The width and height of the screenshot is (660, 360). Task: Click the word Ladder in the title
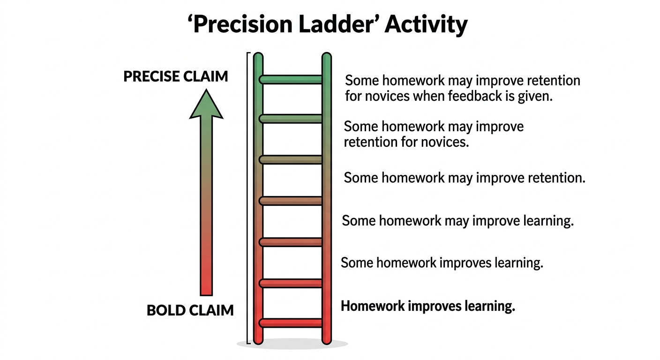336,24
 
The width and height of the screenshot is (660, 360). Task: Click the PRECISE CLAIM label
176,76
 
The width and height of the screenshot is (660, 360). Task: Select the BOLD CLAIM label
190,310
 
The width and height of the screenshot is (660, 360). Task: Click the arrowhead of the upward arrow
206,105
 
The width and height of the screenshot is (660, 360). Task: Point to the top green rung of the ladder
291,79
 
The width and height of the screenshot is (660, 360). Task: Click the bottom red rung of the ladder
291,323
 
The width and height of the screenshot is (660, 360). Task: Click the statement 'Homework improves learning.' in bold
428,307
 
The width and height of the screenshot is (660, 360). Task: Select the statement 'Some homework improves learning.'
442,263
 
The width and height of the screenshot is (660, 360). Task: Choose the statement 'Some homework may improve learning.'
458,221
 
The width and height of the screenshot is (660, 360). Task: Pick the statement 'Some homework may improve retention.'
465,178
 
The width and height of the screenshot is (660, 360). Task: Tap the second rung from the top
291,119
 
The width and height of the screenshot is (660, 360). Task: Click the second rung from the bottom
291,283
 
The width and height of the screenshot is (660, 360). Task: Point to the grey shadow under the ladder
292,344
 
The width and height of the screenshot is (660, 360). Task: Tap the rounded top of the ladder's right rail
327,56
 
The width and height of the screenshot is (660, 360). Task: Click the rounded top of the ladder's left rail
258,56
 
